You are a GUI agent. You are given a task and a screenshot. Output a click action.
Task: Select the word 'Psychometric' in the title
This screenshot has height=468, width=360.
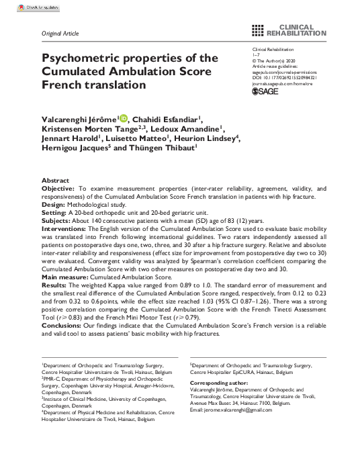(83, 58)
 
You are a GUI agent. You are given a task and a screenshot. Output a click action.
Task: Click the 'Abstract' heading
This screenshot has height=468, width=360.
(55, 181)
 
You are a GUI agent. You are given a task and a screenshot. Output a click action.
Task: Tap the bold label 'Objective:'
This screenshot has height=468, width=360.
(58, 190)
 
